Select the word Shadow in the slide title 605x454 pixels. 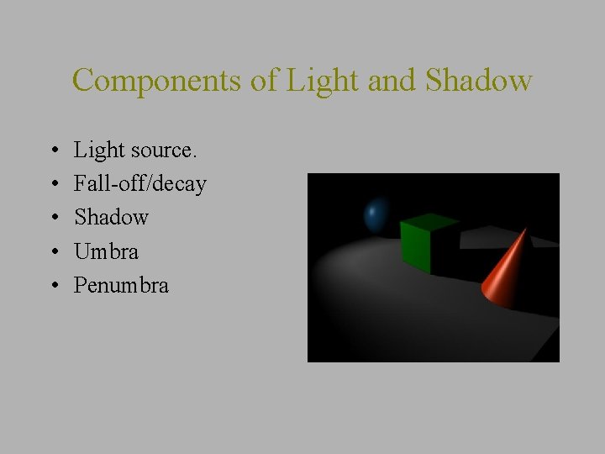pos(479,81)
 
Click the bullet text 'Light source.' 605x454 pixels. pos(135,150)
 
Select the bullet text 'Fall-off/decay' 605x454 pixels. pos(140,184)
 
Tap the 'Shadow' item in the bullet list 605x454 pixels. pos(111,218)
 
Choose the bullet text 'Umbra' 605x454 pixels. pos(106,251)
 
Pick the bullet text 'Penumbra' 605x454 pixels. pos(121,285)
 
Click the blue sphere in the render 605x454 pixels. pos(376,215)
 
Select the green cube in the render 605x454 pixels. pos(418,245)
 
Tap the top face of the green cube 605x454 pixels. pos(429,222)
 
